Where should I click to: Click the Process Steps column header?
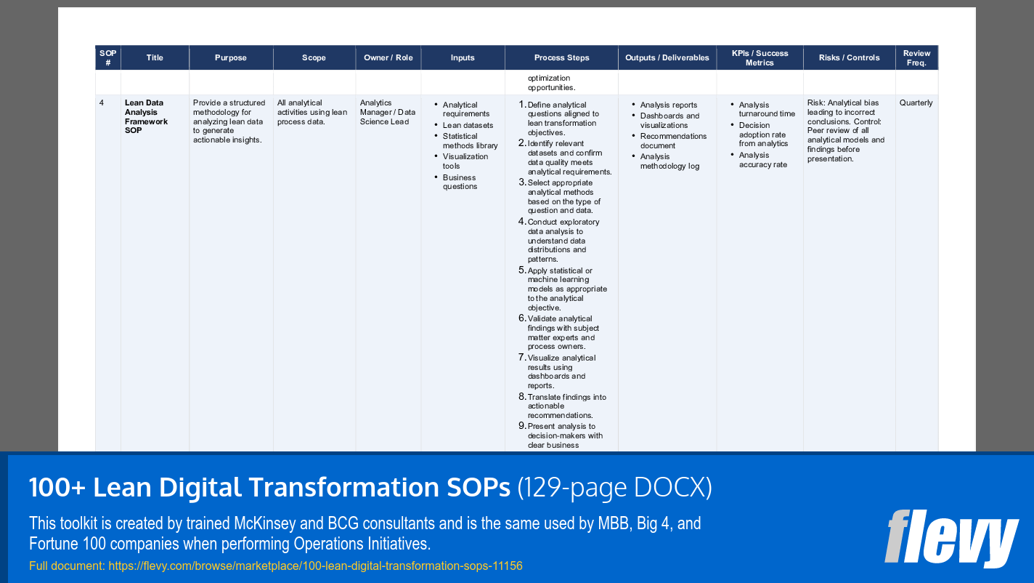(561, 58)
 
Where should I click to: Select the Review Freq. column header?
(916, 58)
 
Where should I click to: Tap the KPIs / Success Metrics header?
(760, 58)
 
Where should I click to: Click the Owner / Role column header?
(388, 58)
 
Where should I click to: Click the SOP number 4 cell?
(102, 103)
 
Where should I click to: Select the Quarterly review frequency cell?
(916, 103)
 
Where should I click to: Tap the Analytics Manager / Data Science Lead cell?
(387, 112)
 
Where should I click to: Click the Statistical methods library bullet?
(470, 141)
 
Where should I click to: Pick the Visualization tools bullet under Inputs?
(465, 161)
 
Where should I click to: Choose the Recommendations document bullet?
(672, 141)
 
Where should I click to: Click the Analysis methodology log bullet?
(669, 161)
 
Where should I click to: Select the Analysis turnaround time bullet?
(766, 110)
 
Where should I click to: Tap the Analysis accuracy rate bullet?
(762, 160)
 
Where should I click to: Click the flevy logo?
(950, 537)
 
